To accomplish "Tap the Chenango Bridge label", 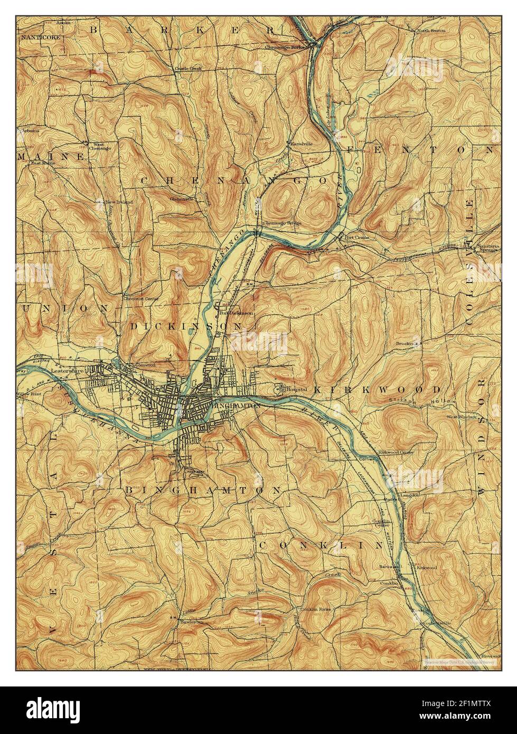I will pos(282,223).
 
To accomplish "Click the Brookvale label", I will pos(407,343).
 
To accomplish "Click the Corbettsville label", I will pos(435,623).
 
